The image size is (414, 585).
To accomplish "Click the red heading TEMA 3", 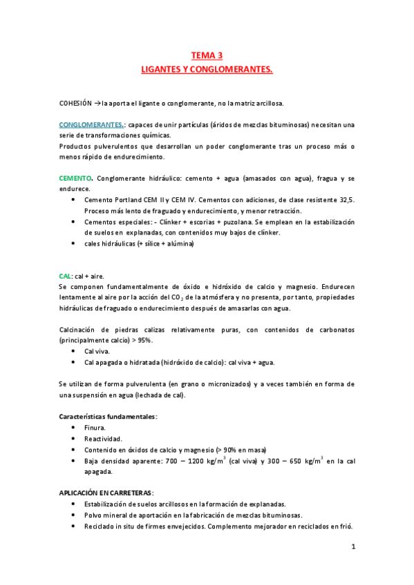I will (207, 56).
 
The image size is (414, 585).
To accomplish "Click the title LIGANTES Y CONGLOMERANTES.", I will (207, 70).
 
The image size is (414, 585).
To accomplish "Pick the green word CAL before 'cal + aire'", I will (66, 275).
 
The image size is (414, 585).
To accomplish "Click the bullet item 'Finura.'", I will (96, 428).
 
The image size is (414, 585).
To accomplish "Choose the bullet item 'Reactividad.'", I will (104, 439).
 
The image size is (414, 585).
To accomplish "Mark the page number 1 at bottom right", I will (352, 547).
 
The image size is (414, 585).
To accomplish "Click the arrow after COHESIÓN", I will (97, 103).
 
